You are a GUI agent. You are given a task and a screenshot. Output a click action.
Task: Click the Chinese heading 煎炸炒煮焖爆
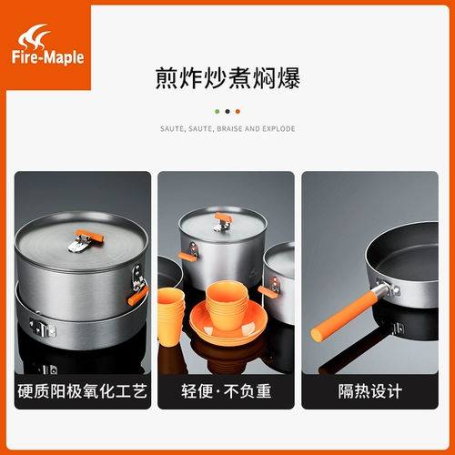click(x=227, y=80)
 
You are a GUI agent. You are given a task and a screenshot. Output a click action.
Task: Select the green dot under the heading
click(x=217, y=111)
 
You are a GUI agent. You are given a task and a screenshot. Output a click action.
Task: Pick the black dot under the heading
click(x=227, y=111)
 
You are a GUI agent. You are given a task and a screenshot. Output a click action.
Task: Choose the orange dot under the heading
click(x=238, y=111)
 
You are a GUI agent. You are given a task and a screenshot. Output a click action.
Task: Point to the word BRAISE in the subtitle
click(x=229, y=129)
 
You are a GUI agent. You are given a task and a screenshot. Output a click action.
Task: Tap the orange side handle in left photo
click(x=137, y=293)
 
